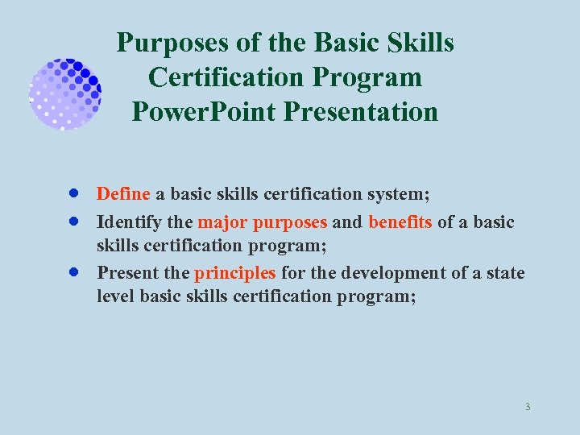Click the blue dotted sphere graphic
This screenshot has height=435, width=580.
click(64, 93)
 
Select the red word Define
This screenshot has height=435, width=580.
click(123, 194)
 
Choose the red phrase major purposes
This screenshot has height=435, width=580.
click(262, 222)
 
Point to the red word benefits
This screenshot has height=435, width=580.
click(400, 222)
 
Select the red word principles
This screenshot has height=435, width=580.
click(235, 273)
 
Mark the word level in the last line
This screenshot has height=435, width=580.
click(115, 296)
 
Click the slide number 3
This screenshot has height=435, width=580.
click(527, 407)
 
